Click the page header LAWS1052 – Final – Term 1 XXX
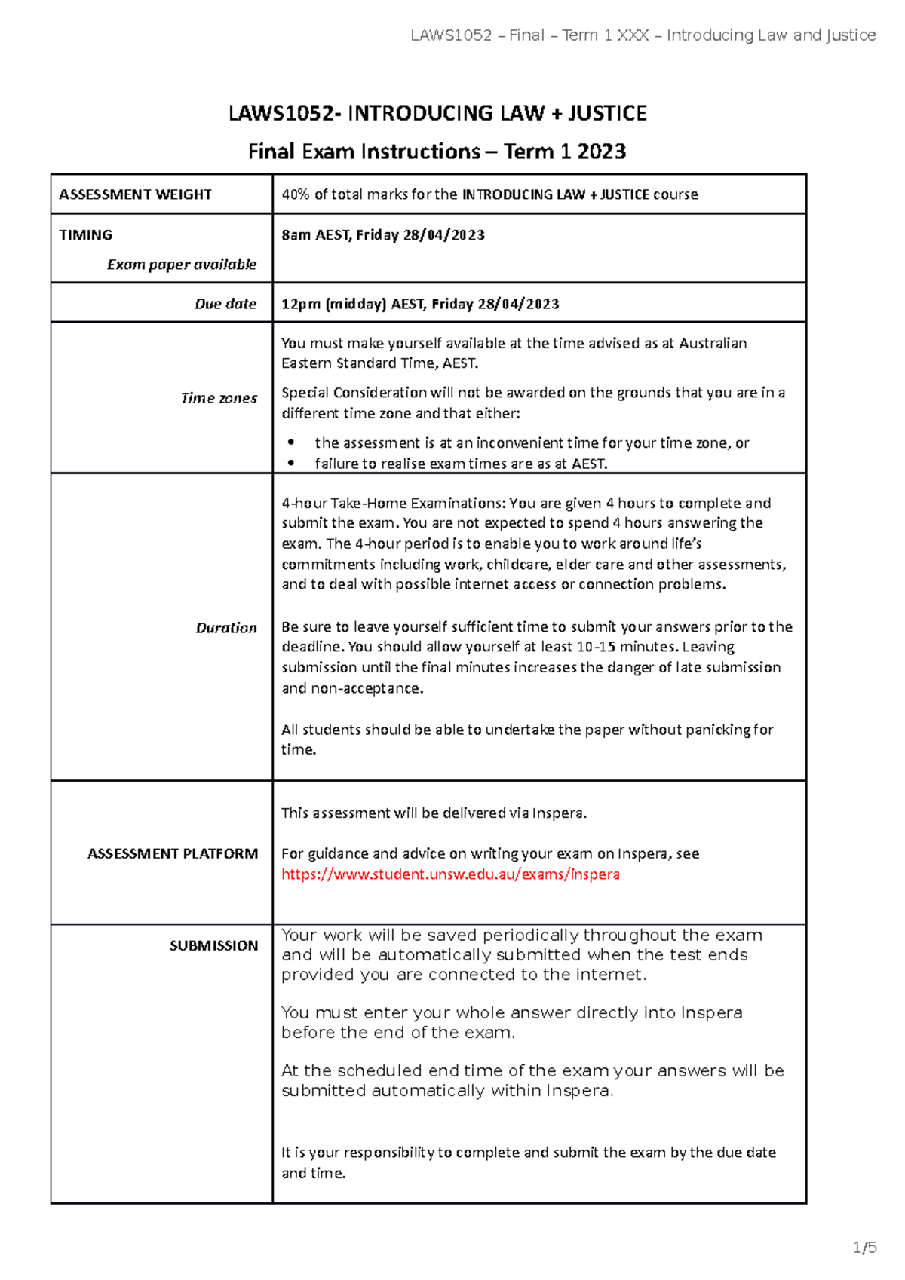pos(643,35)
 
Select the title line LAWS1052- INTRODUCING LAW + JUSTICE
pos(437,113)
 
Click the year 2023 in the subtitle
pos(601,152)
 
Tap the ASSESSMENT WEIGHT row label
pos(135,194)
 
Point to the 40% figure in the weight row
pos(295,194)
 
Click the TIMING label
pos(85,235)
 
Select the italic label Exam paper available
pos(181,265)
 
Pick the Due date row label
pos(225,304)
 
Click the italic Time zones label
pos(219,398)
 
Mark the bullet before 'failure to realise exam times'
pos(291,464)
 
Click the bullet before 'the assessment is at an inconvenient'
pos(291,443)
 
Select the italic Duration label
pos(225,628)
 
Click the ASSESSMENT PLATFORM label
pos(172,853)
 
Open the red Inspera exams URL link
pos(450,874)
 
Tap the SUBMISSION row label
pos(213,945)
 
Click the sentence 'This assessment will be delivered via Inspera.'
pos(434,813)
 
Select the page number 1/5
pos(864,1248)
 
